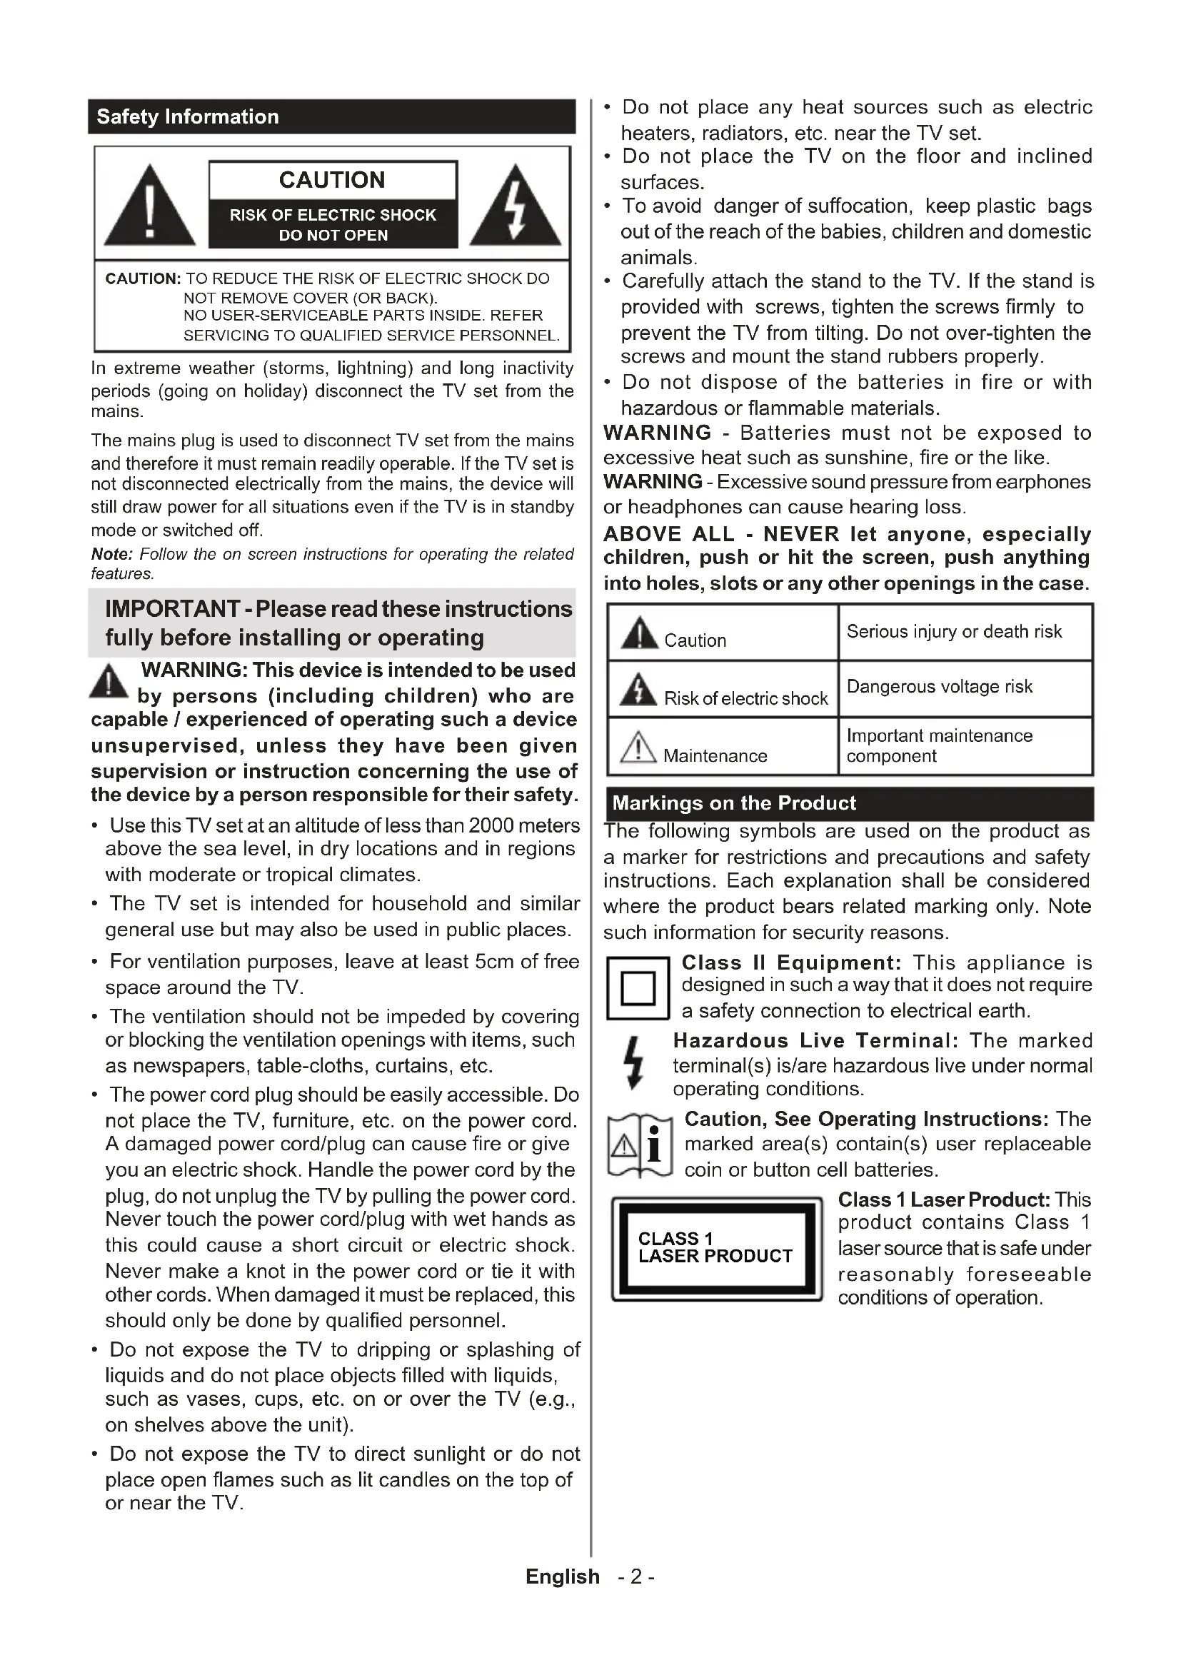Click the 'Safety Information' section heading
click(x=188, y=117)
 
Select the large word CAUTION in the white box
click(x=332, y=180)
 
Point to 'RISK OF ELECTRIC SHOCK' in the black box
click(x=332, y=216)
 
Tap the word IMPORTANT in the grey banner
click(x=172, y=609)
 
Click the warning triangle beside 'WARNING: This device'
click(x=109, y=682)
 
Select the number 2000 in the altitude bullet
click(x=493, y=825)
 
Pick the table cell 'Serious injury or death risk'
click(x=954, y=631)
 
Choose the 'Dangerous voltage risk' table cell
click(x=940, y=687)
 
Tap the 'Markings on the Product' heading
click(x=734, y=803)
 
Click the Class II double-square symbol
click(x=638, y=987)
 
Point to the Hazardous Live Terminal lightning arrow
click(x=635, y=1062)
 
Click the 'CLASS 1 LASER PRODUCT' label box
click(x=716, y=1248)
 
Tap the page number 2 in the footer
click(x=636, y=1577)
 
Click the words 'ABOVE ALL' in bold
click(x=668, y=535)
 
